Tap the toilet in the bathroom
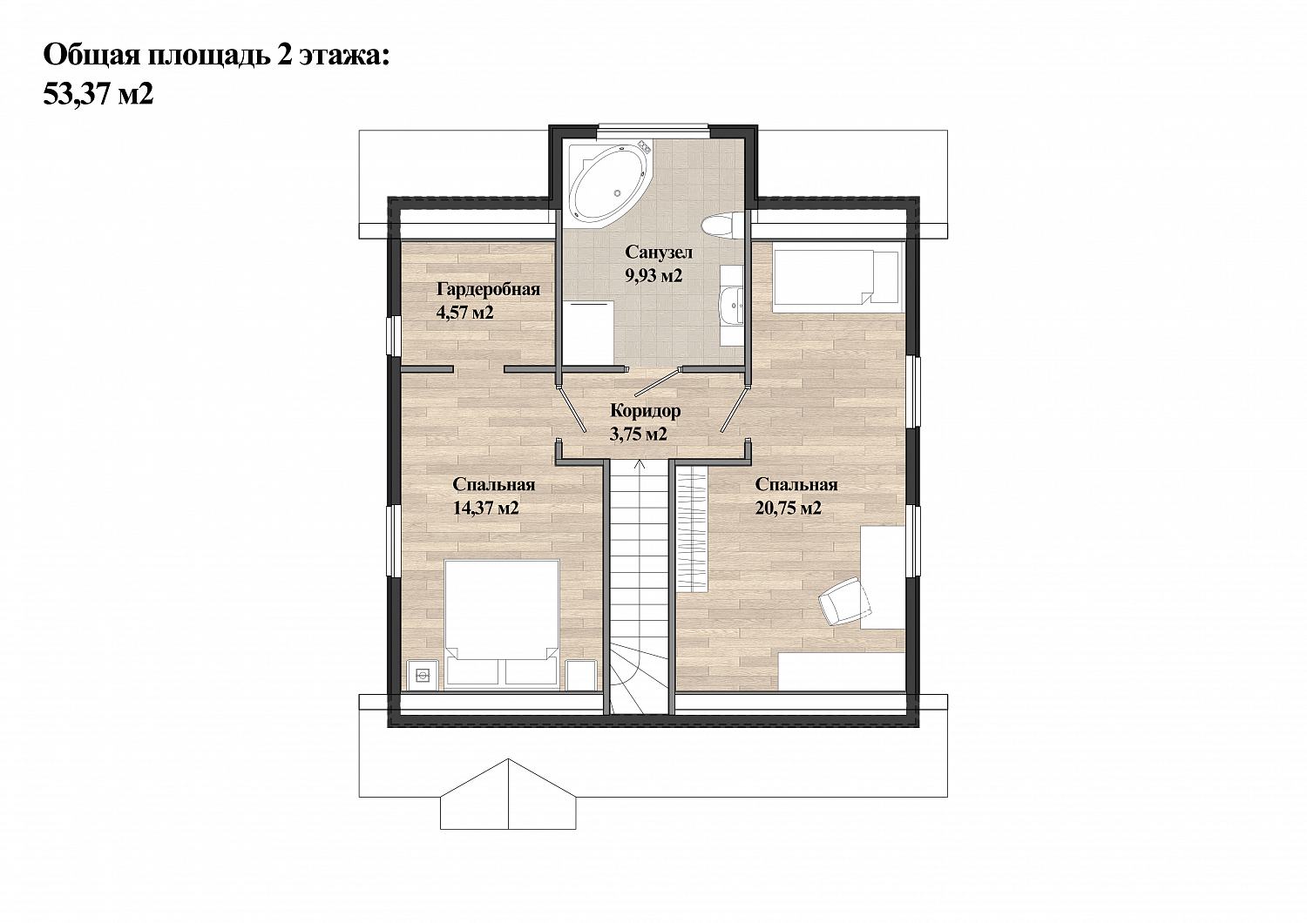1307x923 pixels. (x=723, y=226)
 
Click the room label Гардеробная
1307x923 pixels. (x=488, y=289)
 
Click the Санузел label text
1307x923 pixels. (x=659, y=252)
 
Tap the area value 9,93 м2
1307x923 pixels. (x=653, y=275)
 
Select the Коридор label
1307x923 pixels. (x=646, y=411)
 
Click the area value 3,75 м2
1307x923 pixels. (x=639, y=434)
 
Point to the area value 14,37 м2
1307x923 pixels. (x=486, y=508)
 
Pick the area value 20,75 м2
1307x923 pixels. (x=789, y=508)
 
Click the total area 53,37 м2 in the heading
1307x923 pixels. (x=98, y=94)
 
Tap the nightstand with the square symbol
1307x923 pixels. (x=423, y=675)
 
